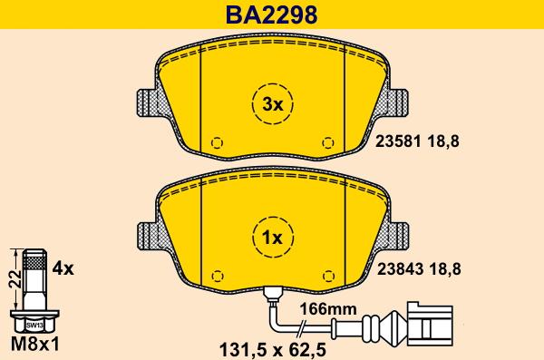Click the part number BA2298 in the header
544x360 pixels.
click(x=272, y=15)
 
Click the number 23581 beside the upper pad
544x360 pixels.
click(x=398, y=141)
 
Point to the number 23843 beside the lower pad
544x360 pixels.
click(x=400, y=269)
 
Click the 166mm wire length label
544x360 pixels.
click(x=328, y=308)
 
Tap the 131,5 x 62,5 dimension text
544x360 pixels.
click(x=273, y=350)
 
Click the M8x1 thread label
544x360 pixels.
click(x=35, y=345)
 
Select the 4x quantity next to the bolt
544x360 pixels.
click(x=63, y=268)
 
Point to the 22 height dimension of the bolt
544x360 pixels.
click(x=15, y=279)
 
